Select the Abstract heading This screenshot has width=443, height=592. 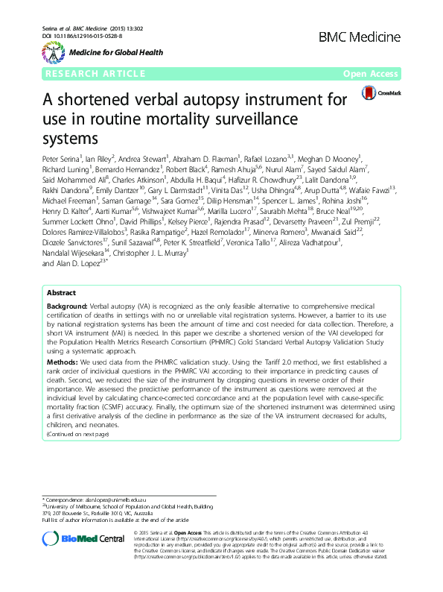click(x=60, y=335)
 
